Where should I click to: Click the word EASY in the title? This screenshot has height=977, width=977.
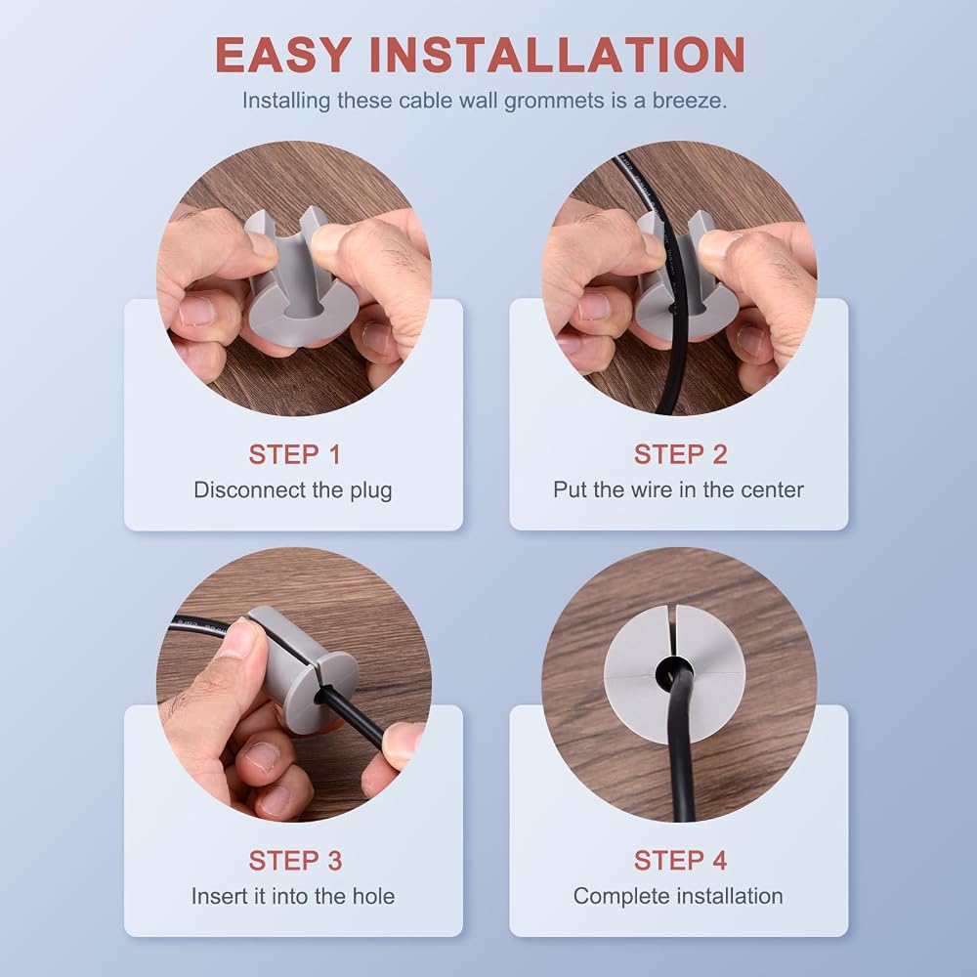tap(283, 55)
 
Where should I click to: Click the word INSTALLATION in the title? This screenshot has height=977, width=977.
tap(558, 55)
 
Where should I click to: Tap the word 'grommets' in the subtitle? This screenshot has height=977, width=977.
tap(554, 101)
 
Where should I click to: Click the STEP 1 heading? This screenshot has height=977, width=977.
tap(295, 455)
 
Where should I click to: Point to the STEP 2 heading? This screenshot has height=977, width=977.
tap(680, 455)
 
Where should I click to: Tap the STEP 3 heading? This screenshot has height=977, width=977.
tap(295, 861)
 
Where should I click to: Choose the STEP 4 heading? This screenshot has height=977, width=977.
tap(680, 861)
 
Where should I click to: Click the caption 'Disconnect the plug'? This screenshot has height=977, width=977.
tap(293, 490)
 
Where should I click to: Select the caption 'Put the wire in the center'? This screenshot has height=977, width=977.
tap(679, 489)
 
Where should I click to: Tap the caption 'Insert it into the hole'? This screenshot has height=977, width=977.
tap(293, 896)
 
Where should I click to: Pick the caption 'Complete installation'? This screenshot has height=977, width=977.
tap(678, 897)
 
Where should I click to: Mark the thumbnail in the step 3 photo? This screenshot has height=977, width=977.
tap(238, 640)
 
